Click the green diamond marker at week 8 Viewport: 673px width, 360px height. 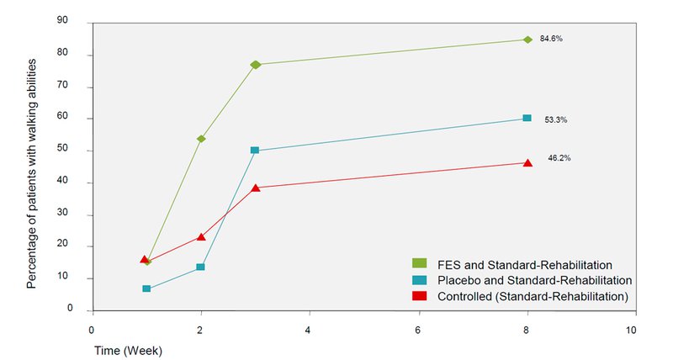pyautogui.click(x=527, y=40)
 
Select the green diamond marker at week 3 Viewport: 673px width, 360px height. pyautogui.click(x=256, y=65)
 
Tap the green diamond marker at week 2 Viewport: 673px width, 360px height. pyautogui.click(x=201, y=139)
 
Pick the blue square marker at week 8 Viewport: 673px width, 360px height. pyautogui.click(x=527, y=119)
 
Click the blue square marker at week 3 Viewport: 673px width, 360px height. pyautogui.click(x=255, y=151)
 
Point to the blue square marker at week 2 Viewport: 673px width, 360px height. pyautogui.click(x=200, y=267)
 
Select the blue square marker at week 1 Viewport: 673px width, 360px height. pyautogui.click(x=146, y=289)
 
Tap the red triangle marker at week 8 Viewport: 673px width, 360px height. pyautogui.click(x=527, y=162)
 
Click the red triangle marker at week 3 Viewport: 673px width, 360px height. pyautogui.click(x=255, y=188)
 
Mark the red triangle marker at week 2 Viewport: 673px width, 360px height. pyautogui.click(x=200, y=236)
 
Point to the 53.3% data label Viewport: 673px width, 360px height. pyautogui.click(x=556, y=119)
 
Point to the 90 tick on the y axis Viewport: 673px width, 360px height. pyautogui.click(x=75, y=23)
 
